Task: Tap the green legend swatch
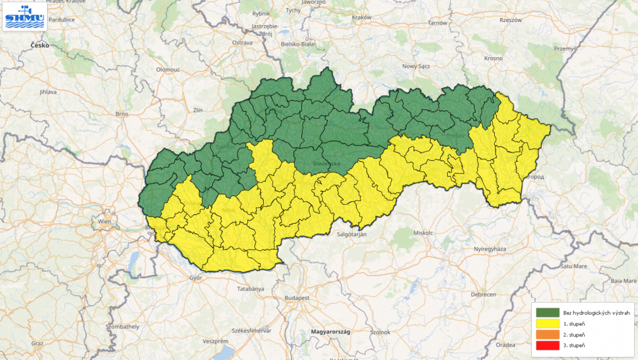pyautogui.click(x=548, y=312)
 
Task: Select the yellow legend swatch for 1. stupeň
pyautogui.click(x=548, y=323)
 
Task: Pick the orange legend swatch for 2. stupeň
pyautogui.click(x=548, y=334)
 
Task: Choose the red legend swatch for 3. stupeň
pyautogui.click(x=548, y=345)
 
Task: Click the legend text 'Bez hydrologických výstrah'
pyautogui.click(x=588, y=312)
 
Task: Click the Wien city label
pyautogui.click(x=104, y=222)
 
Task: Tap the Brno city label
pyautogui.click(x=122, y=114)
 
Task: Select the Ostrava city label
pyautogui.click(x=242, y=42)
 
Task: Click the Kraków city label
pyautogui.click(x=362, y=18)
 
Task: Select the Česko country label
pyautogui.click(x=40, y=45)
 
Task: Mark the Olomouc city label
pyautogui.click(x=168, y=69)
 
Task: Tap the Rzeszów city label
pyautogui.click(x=511, y=20)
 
